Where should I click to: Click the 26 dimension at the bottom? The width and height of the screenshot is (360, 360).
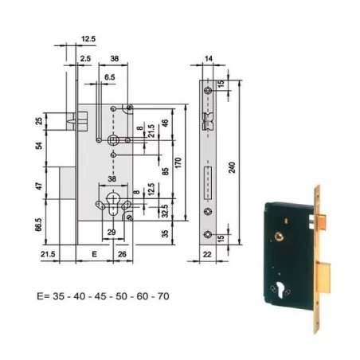(x=121, y=255)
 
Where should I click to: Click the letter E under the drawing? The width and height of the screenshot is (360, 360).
(x=96, y=255)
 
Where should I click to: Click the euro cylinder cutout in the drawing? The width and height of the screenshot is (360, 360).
(x=112, y=200)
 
